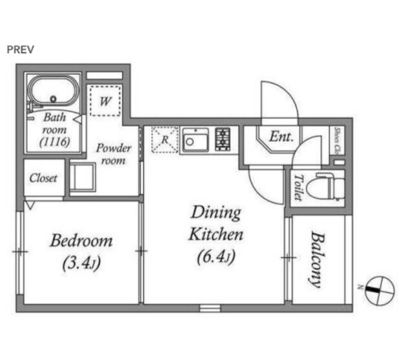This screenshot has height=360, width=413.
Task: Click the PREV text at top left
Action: [20, 50]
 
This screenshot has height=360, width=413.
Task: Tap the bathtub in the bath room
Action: [54, 91]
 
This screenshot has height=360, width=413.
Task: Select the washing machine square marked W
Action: [105, 101]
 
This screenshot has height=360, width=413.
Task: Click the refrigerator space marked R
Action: [165, 139]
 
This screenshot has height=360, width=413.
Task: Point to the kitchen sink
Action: [196, 139]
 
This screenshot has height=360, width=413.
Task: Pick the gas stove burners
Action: [223, 139]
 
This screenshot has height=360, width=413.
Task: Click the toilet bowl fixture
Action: [327, 186]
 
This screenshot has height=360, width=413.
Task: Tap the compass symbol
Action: [379, 291]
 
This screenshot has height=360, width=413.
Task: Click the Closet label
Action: [43, 178]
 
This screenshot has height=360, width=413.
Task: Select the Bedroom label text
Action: [81, 241]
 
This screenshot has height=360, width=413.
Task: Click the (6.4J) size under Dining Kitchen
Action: [216, 257]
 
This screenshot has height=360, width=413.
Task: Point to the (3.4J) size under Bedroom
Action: [81, 263]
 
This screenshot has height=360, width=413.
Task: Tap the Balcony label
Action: [317, 259]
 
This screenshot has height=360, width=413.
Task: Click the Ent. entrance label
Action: [281, 137]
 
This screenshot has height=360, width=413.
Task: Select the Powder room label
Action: [114, 154]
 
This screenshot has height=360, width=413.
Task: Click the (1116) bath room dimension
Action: [55, 142]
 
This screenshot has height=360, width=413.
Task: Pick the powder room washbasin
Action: [83, 177]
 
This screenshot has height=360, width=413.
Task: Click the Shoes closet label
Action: [337, 141]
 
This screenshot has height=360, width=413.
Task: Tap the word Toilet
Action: [299, 187]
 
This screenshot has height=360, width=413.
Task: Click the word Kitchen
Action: [216, 234]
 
